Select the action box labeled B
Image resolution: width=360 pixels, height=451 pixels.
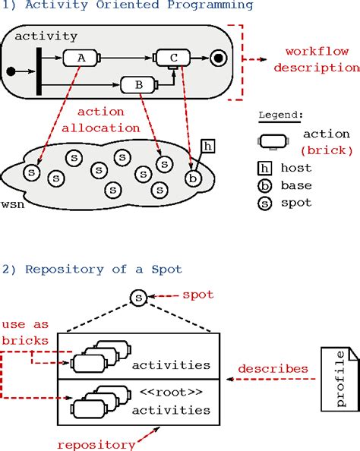pyautogui.click(x=139, y=86)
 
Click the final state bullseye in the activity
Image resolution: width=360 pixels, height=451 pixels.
pyautogui.click(x=218, y=58)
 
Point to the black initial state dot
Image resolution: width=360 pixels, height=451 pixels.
pyautogui.click(x=10, y=72)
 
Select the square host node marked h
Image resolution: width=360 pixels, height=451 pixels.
pyautogui.click(x=209, y=146)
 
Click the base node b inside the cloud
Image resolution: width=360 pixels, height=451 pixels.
pyautogui.click(x=194, y=177)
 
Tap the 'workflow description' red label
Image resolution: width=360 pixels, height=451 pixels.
pyautogui.click(x=317, y=59)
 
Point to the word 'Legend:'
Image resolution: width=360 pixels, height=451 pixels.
pyautogui.click(x=279, y=115)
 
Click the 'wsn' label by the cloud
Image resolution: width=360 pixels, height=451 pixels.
pyautogui.click(x=12, y=205)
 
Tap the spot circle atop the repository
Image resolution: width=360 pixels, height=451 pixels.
pyautogui.click(x=137, y=298)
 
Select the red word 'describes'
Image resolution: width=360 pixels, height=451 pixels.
pyautogui.click(x=273, y=369)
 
